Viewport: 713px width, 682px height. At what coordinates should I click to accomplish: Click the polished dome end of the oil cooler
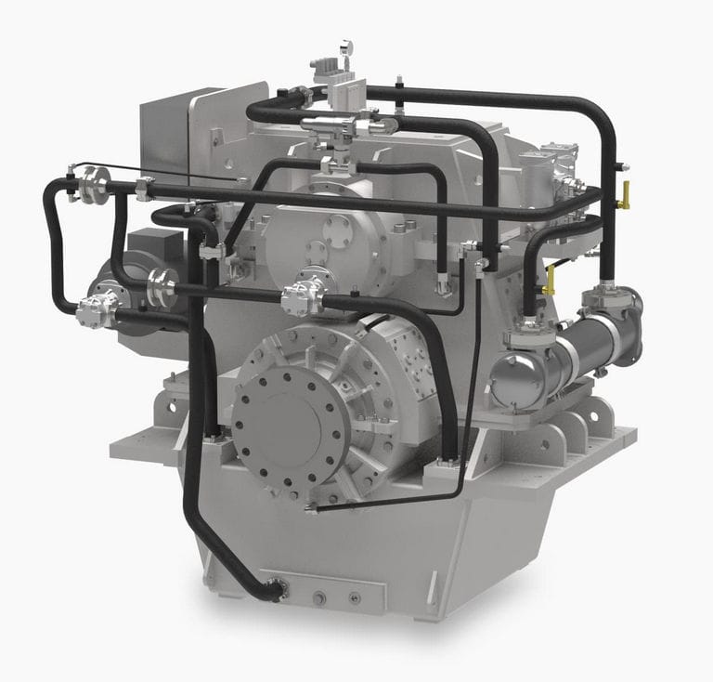pyautogui.click(x=509, y=379)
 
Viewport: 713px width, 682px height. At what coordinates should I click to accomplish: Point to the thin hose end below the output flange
pyautogui.click(x=312, y=508)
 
